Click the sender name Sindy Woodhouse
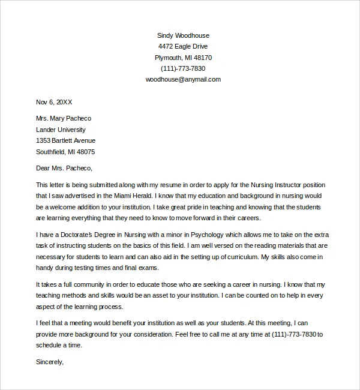tap(183, 35)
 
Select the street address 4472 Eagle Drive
tap(183, 47)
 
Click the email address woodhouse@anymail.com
tap(183, 79)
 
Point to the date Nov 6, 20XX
tap(54, 102)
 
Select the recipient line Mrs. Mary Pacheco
tap(64, 118)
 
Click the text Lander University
tap(61, 130)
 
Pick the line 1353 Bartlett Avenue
tap(66, 140)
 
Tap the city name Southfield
tap(50, 152)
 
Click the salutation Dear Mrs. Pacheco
tap(64, 168)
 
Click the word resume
tap(164, 185)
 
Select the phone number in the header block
tap(183, 68)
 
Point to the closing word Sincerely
tap(49, 362)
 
